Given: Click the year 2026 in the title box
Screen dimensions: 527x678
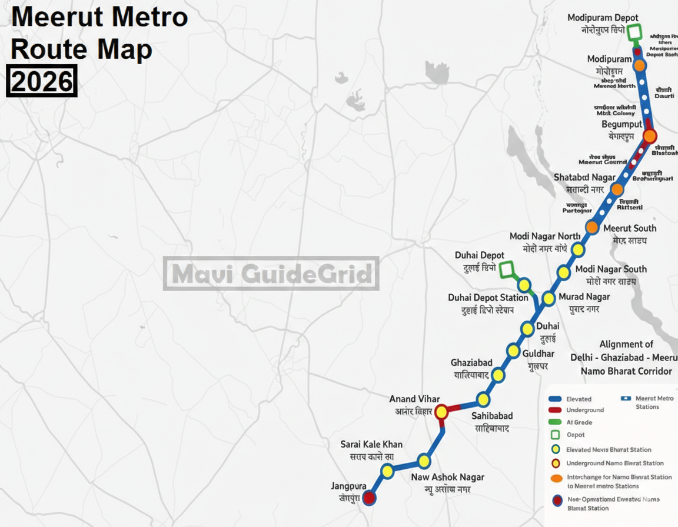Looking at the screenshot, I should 41,81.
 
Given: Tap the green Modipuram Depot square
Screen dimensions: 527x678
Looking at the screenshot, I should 634,32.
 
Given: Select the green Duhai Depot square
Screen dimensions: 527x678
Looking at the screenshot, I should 507,270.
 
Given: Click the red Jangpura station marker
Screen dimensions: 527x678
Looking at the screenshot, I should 369,498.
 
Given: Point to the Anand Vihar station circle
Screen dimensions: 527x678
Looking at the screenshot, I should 441,412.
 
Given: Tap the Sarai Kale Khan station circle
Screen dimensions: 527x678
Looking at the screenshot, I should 387,471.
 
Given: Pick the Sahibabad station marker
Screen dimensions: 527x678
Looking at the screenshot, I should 483,399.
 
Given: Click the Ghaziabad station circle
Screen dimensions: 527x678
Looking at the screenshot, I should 498,375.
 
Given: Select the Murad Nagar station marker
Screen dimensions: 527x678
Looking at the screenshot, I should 549,298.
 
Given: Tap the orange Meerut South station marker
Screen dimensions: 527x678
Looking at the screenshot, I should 592,227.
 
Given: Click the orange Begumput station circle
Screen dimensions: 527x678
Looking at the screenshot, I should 649,136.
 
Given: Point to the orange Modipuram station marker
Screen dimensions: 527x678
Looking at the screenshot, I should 640,65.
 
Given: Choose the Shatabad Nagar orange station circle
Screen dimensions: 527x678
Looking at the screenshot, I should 617,189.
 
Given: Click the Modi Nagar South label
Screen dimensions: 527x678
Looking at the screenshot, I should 611,269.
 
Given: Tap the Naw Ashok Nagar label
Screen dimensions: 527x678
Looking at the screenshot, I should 447,477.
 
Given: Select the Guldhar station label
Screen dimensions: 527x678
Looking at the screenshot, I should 539,353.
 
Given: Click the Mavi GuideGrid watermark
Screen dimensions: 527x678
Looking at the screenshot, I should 271,273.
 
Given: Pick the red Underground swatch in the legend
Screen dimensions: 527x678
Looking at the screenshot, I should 554,410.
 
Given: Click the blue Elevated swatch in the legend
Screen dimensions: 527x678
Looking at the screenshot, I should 554,399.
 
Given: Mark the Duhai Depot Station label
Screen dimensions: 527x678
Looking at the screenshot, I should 488,298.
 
